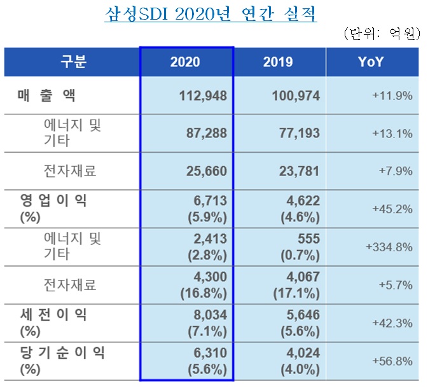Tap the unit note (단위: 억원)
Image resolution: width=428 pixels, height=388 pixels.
(x=381, y=34)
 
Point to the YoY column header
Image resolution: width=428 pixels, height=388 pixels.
(x=372, y=62)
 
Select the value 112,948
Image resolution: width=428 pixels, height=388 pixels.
(x=200, y=96)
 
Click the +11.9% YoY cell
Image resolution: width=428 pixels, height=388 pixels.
(x=392, y=96)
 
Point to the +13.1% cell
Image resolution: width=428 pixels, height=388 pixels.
(x=392, y=134)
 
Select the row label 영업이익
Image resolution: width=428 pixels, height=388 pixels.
(x=53, y=201)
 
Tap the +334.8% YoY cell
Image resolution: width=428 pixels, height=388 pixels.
(x=388, y=247)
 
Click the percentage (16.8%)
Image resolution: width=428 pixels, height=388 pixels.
(x=204, y=292)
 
